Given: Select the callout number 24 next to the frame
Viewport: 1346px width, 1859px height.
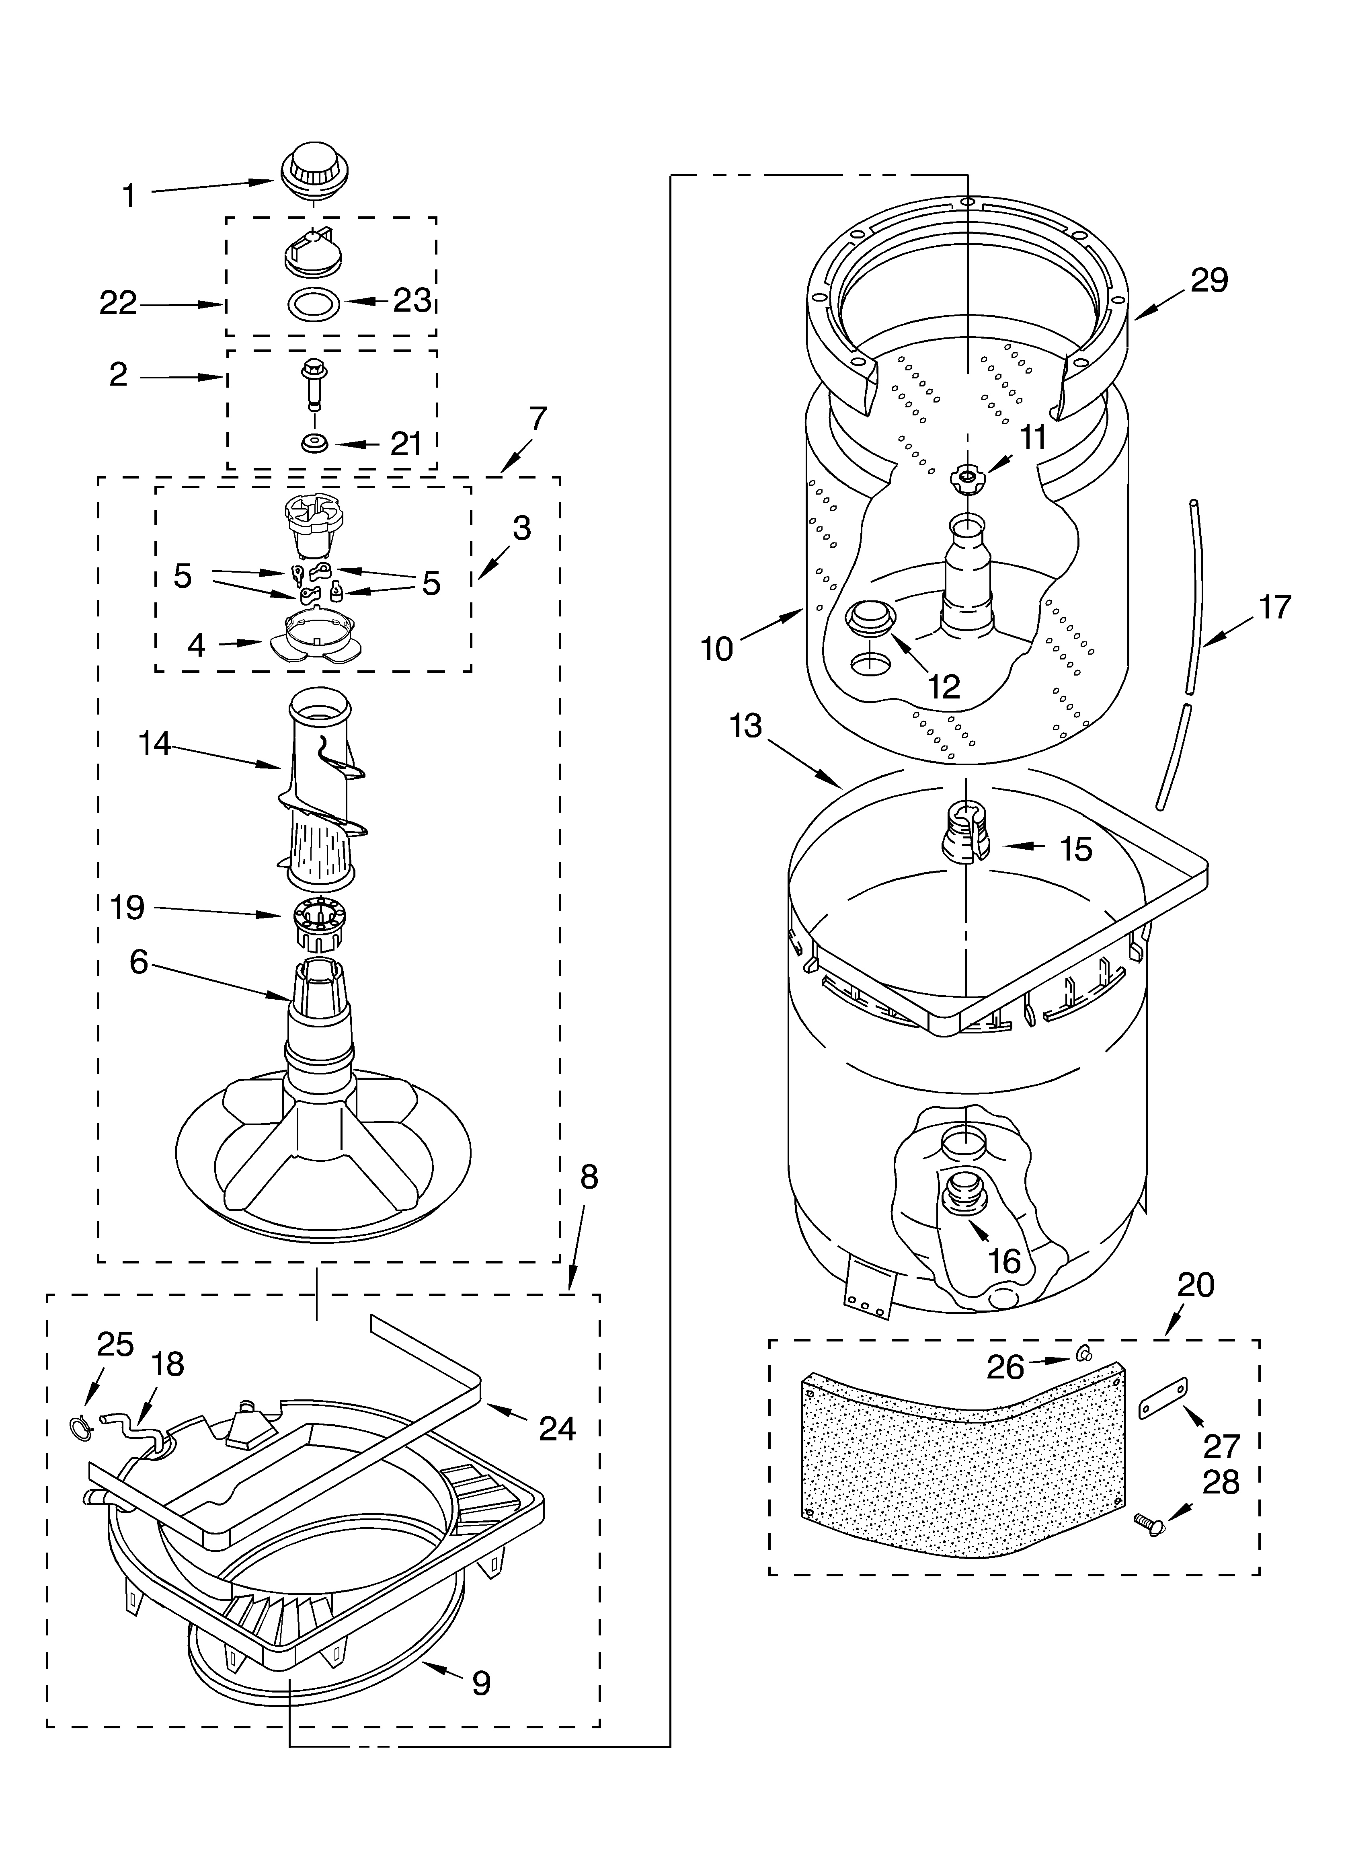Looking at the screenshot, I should [556, 1429].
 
